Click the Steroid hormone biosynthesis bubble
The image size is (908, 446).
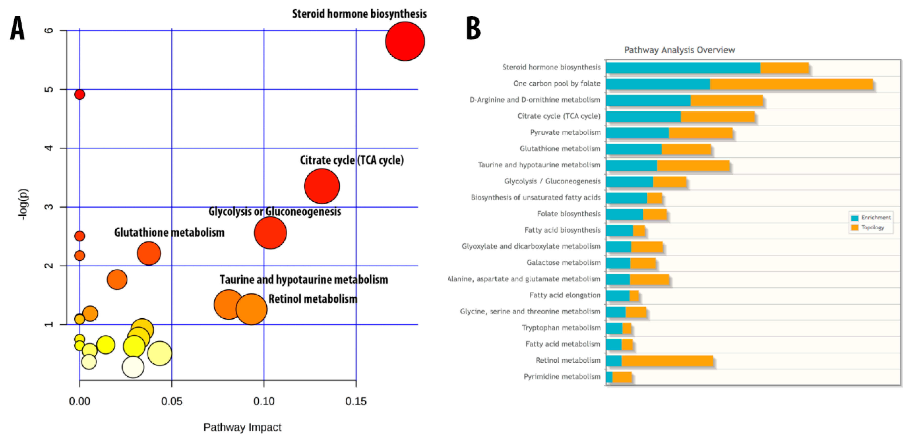pyautogui.click(x=405, y=42)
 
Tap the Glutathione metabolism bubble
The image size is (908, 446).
pyautogui.click(x=149, y=253)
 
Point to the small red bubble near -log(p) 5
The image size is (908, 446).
pyautogui.click(x=80, y=94)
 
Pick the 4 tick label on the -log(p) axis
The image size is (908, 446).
pyautogui.click(x=49, y=148)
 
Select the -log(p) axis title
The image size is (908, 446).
pyautogui.click(x=23, y=204)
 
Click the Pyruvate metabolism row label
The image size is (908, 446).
pyautogui.click(x=565, y=132)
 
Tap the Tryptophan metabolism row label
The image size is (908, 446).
pyautogui.click(x=561, y=328)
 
